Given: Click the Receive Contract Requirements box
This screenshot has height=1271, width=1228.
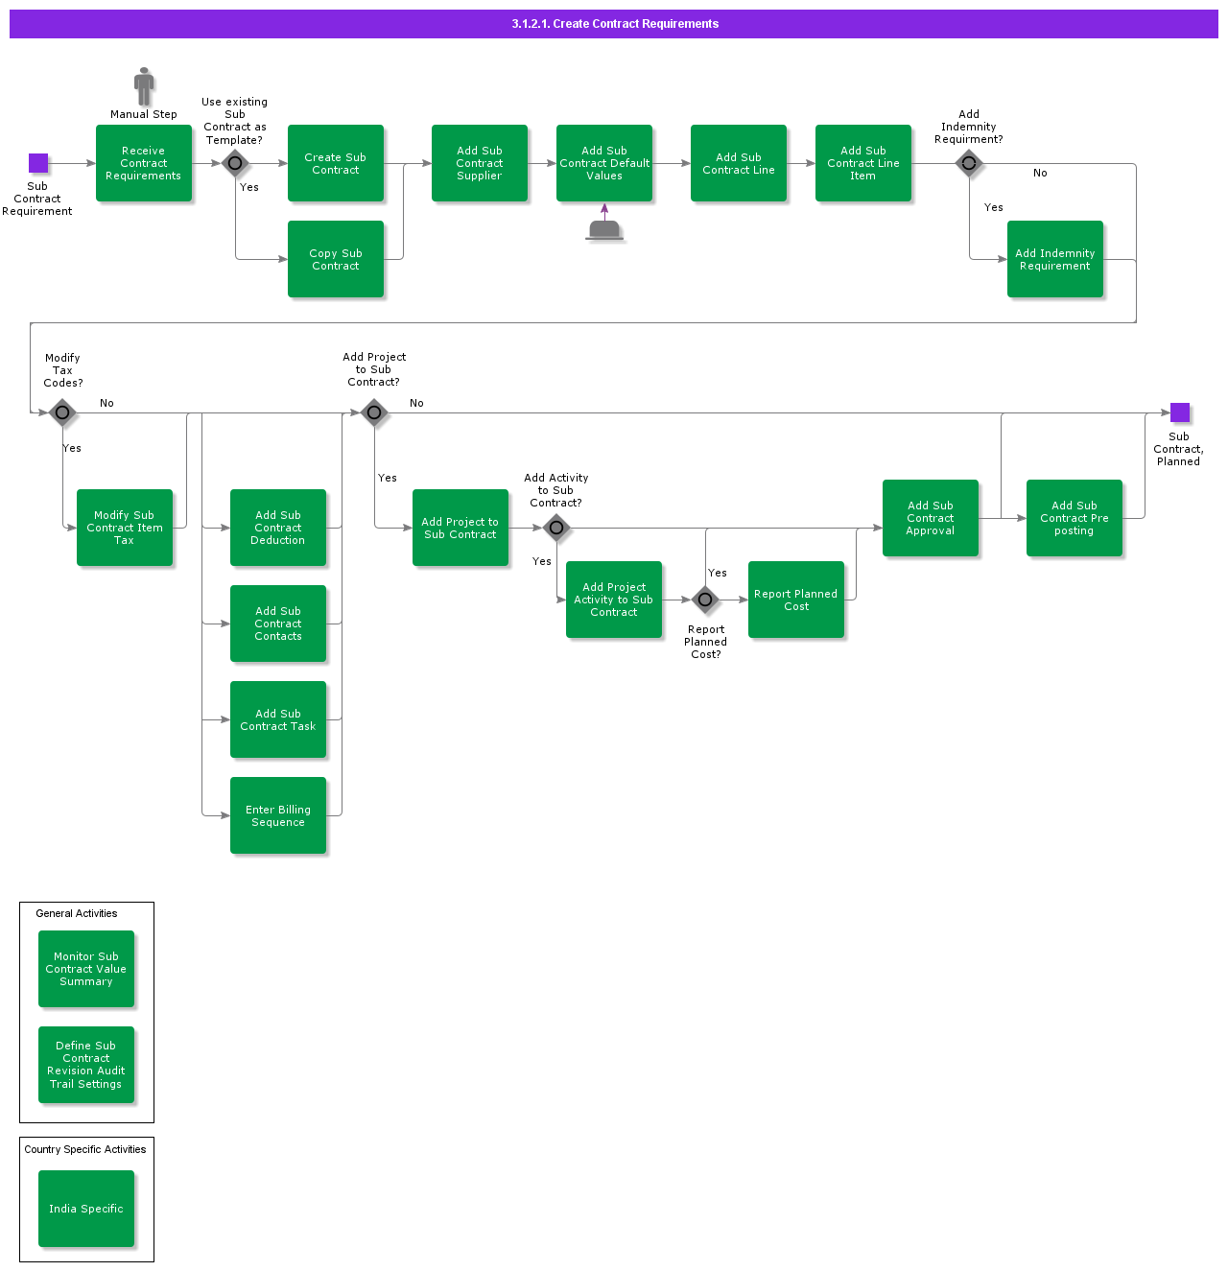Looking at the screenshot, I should click(144, 163).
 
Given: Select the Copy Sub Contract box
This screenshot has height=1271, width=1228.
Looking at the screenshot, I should click(336, 259).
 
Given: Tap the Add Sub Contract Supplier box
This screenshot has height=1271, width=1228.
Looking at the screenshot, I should click(480, 163).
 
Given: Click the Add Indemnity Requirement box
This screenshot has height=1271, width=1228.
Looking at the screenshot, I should click(1055, 259).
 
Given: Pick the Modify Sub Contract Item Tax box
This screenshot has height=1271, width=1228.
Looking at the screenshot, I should click(125, 528).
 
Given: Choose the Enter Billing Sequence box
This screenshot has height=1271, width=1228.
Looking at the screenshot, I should click(278, 815).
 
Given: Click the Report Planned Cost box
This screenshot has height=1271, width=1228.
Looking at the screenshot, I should click(796, 600).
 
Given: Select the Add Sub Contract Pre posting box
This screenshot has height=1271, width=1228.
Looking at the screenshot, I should click(1074, 518).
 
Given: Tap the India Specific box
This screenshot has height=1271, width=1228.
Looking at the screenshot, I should click(86, 1209).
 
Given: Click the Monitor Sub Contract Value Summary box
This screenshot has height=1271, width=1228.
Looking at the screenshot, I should click(86, 969).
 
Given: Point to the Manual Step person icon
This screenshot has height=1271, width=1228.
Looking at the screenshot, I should click(144, 86).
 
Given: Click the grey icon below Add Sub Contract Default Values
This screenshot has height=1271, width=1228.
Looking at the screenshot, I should click(604, 230).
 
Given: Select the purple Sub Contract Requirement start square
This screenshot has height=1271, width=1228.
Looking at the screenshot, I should click(38, 163).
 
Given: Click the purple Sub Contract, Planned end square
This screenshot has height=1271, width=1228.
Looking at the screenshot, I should click(1180, 412).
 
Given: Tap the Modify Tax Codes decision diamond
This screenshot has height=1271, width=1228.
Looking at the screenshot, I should click(62, 412).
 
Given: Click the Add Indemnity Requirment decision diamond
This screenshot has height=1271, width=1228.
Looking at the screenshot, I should click(969, 163).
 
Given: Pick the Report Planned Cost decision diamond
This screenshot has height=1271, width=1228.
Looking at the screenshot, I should click(705, 600).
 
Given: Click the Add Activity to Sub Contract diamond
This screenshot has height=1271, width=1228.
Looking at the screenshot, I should click(556, 528).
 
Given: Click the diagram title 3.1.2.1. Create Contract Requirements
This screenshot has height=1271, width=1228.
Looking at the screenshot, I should click(615, 24).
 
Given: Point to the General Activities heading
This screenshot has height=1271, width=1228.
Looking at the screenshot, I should click(77, 913).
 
